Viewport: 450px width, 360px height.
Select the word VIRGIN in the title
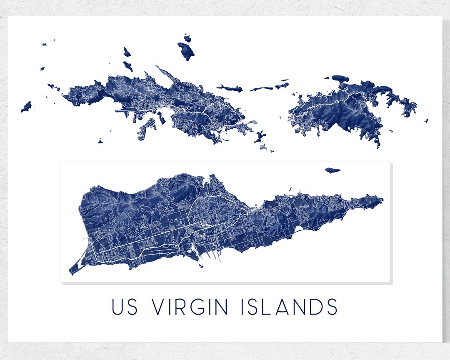(190, 307)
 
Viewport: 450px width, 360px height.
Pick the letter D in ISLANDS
(313, 307)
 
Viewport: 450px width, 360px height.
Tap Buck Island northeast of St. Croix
(332, 170)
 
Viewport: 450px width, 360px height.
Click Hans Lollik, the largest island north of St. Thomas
(186, 51)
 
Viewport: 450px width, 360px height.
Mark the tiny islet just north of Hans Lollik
(187, 38)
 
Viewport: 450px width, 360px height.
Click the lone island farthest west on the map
(26, 107)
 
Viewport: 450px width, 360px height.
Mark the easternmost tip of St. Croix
(382, 200)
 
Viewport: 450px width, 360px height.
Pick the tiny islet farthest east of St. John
(426, 121)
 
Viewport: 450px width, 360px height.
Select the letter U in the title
(117, 307)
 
